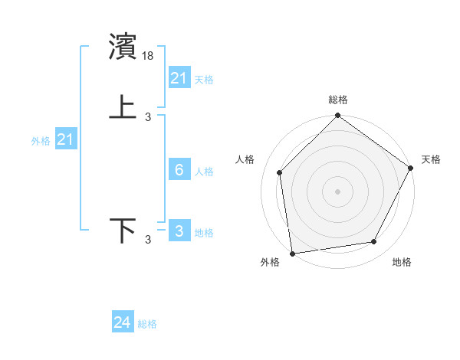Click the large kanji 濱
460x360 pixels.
point(123,47)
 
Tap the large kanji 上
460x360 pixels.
point(123,107)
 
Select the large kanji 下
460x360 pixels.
point(123,230)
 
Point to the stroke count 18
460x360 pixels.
point(149,56)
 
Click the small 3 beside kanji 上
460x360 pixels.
point(148,117)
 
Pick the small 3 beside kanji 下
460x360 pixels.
point(148,241)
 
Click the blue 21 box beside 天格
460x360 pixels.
point(179,77)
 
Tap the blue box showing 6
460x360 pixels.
point(179,170)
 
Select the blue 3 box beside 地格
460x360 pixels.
point(179,231)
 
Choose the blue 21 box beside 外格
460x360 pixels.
point(66,139)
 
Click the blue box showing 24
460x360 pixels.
point(123,322)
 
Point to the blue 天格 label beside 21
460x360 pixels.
point(204,79)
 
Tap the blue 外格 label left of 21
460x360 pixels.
point(41,141)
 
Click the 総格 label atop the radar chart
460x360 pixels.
point(337,100)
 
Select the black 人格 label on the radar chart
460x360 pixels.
point(245,159)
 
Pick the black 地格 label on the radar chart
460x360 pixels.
point(402,262)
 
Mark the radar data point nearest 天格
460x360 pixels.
point(410,168)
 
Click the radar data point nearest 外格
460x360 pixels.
point(292,253)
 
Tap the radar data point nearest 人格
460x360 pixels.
point(280,172)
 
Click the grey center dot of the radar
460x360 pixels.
point(337,191)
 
